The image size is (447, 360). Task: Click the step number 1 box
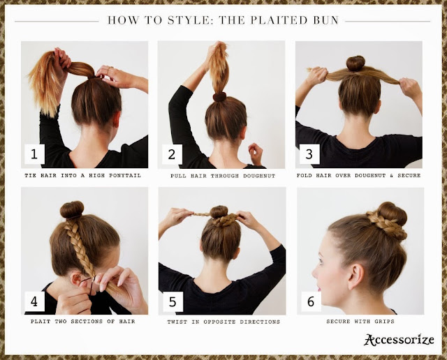coord(34,154)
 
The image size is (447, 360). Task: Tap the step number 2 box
coord(172,154)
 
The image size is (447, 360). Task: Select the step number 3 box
coord(309,154)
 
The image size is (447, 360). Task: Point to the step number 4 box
coord(34,301)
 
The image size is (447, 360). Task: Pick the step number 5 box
coord(173,301)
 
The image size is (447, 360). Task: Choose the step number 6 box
coord(311,301)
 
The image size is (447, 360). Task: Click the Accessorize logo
coord(399,340)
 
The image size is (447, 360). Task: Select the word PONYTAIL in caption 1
coord(125,175)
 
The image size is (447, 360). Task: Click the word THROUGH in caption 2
coord(225,176)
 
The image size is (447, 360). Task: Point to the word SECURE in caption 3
coord(409,175)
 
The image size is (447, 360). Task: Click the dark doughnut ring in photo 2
coord(219,97)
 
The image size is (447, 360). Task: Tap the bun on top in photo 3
coord(356,63)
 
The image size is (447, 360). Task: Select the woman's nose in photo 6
coord(315,273)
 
